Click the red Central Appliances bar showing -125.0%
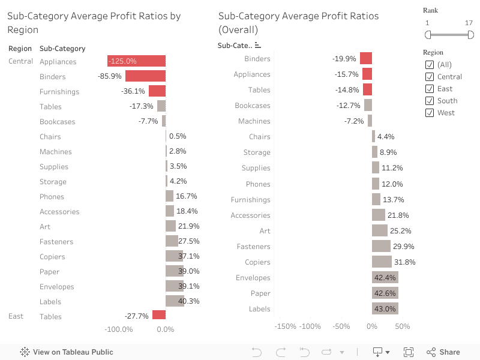click(x=137, y=61)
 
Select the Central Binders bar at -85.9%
click(x=146, y=76)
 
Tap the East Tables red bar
click(x=159, y=314)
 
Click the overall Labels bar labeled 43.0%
click(x=385, y=308)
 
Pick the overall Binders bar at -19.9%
click(x=366, y=58)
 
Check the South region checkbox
click(x=430, y=101)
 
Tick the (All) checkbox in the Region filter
click(x=430, y=65)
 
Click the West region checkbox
click(x=430, y=113)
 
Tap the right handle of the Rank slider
click(x=471, y=35)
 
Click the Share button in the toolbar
click(x=443, y=352)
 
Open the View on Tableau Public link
click(x=67, y=352)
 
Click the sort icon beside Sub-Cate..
click(x=258, y=46)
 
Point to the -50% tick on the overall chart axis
click(x=341, y=326)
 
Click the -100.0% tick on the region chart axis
click(x=119, y=329)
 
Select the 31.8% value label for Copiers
click(x=404, y=262)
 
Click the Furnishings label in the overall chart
click(x=250, y=200)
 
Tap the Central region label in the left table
click(x=20, y=61)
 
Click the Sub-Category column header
click(x=62, y=49)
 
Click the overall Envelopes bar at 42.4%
click(x=385, y=277)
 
